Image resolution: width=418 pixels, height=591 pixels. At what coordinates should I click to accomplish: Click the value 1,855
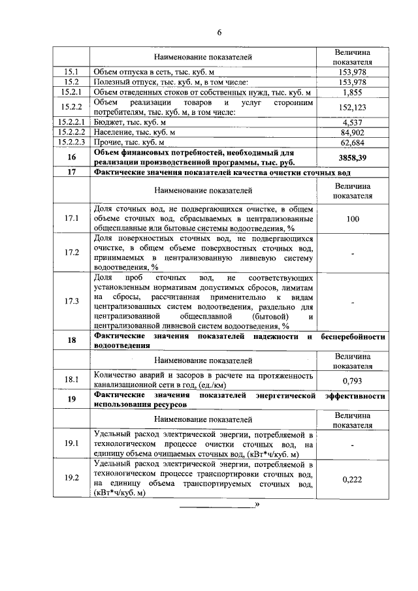pyautogui.click(x=353, y=93)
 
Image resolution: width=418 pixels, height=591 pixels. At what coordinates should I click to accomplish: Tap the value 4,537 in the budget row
pyautogui.click(x=353, y=121)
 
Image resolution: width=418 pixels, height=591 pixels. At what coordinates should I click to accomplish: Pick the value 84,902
pyautogui.click(x=353, y=131)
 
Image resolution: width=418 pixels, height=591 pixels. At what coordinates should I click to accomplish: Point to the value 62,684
pyautogui.click(x=353, y=141)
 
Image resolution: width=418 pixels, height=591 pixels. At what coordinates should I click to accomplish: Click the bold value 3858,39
pyautogui.click(x=353, y=157)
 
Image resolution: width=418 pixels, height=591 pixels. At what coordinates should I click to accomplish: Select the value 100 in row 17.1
pyautogui.click(x=353, y=219)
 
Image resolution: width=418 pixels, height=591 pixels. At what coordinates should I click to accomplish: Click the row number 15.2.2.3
pyautogui.click(x=71, y=141)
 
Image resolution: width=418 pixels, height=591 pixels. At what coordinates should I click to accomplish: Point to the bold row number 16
pyautogui.click(x=71, y=157)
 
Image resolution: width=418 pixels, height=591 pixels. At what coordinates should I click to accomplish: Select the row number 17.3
pyautogui.click(x=71, y=300)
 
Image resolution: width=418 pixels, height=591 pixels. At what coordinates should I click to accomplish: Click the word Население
pyautogui.click(x=113, y=131)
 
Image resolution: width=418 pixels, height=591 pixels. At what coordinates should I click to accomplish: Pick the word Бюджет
pyautogui.click(x=109, y=121)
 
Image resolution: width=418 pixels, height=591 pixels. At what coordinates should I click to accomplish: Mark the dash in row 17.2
pyautogui.click(x=353, y=253)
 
